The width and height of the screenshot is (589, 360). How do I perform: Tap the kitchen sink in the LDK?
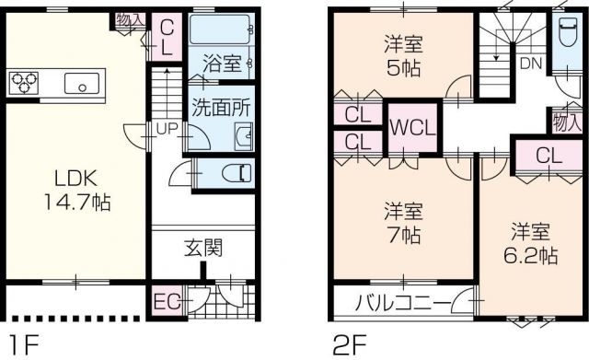click(x=83, y=85)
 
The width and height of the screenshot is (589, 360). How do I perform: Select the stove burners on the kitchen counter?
click(x=26, y=83)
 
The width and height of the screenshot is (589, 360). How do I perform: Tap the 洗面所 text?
click(x=221, y=106)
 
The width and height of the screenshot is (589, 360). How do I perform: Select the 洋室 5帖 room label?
click(x=401, y=55)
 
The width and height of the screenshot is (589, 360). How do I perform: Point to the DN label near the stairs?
click(x=531, y=64)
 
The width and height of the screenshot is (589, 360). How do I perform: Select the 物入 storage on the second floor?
click(x=565, y=119)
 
